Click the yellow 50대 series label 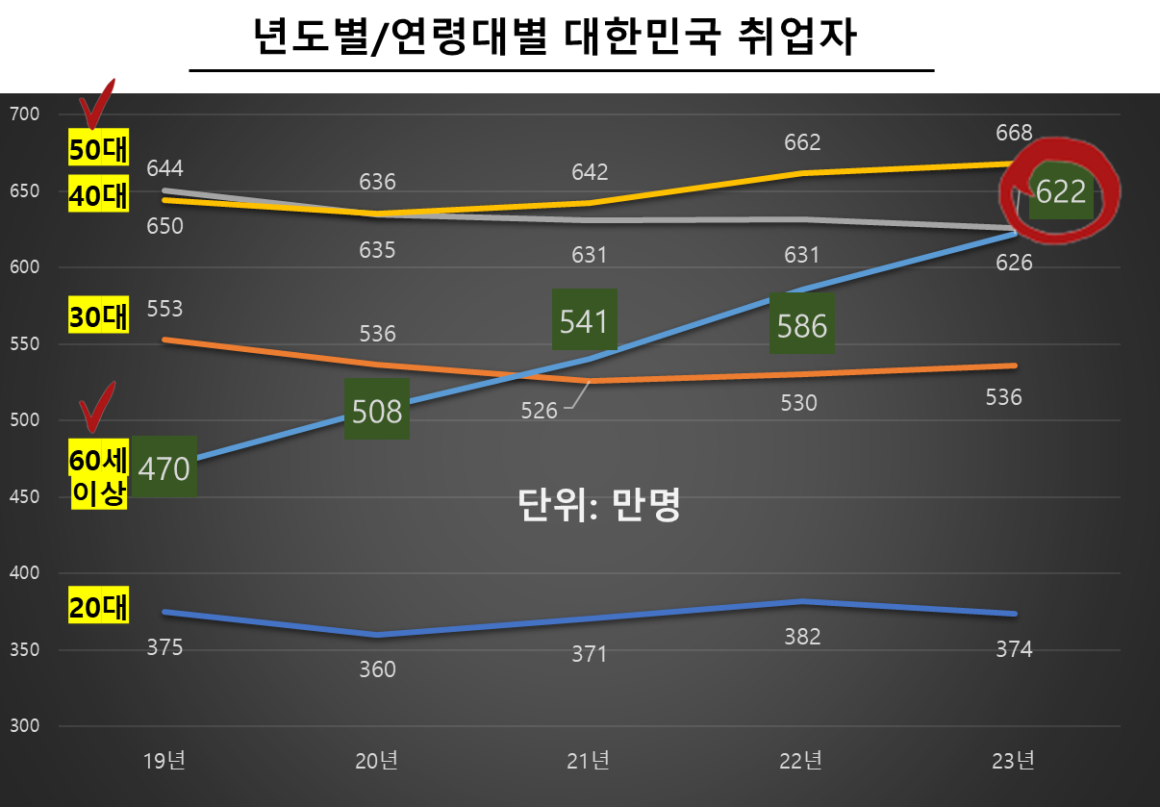tap(98, 150)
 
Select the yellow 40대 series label tap(98, 195)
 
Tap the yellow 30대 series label tap(98, 316)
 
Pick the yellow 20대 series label tap(98, 607)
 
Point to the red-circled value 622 tap(1061, 192)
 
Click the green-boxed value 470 tap(164, 468)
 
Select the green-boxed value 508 tap(376, 411)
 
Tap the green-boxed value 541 tap(584, 320)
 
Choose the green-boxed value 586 tap(802, 326)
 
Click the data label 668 tap(1014, 133)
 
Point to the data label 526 tap(539, 411)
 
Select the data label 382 tap(802, 636)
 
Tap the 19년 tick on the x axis tap(164, 761)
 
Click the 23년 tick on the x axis tap(1014, 761)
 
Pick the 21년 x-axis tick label tap(589, 761)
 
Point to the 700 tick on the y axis tap(23, 114)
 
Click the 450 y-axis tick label tap(23, 497)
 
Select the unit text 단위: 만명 tap(599, 504)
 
